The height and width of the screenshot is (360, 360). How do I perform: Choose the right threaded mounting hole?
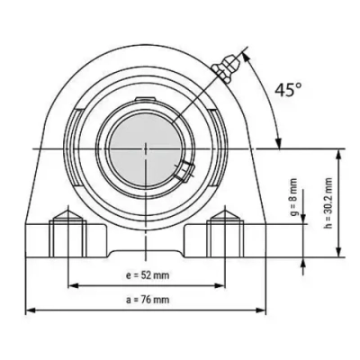point(223,235)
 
